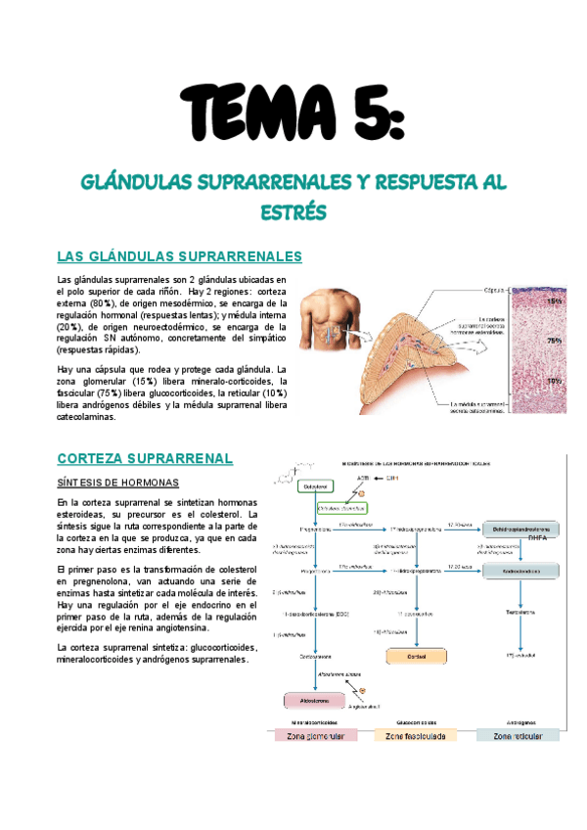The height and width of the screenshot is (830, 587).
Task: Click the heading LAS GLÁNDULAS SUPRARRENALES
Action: point(180,256)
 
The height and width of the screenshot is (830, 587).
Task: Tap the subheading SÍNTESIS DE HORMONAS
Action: point(117,484)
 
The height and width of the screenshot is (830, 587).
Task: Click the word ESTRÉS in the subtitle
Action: point(293,211)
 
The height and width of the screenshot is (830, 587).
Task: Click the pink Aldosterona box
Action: point(315,701)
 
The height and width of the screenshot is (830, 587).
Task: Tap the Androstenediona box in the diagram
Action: point(520,570)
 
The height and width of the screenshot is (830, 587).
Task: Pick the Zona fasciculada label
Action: point(416,737)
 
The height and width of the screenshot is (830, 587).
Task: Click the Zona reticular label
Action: point(519,737)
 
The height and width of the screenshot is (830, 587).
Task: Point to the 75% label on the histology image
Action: point(555,341)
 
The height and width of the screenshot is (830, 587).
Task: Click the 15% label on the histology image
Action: point(555,301)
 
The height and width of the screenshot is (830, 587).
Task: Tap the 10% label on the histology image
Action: point(555,381)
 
